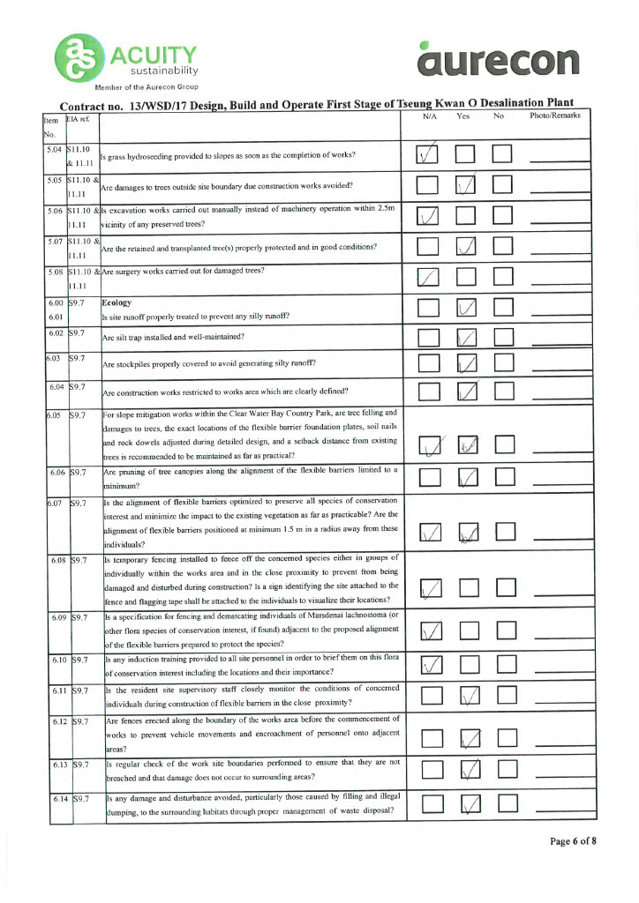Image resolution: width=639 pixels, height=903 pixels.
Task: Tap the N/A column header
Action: click(x=431, y=117)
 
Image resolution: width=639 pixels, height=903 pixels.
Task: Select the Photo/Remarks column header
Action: click(x=555, y=117)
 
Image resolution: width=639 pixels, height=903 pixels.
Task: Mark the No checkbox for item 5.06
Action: click(x=503, y=216)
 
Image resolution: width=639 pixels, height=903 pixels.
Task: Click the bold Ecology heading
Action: click(x=118, y=302)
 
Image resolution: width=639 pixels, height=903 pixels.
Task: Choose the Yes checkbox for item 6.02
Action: click(x=466, y=336)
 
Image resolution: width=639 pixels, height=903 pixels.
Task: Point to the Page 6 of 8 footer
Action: click(x=573, y=841)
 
